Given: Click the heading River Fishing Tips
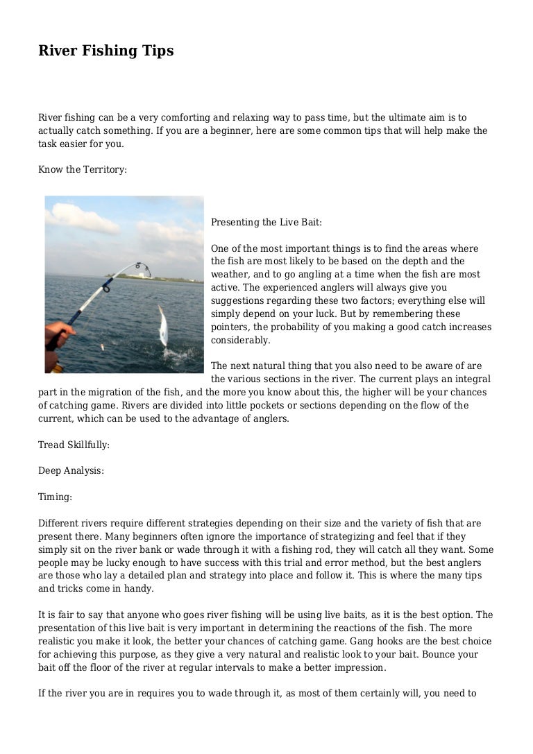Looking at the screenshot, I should [x=105, y=51].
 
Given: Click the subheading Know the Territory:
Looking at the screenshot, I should [x=82, y=169].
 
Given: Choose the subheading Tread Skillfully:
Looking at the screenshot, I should [x=74, y=445].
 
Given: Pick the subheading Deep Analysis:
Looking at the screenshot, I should [x=71, y=470].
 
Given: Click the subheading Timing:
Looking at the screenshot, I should [x=55, y=496].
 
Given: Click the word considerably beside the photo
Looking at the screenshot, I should [x=240, y=340].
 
